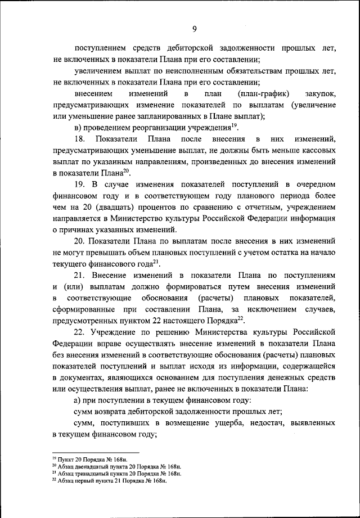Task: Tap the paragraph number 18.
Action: [x=80, y=139]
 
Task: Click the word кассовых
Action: [x=318, y=151]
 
